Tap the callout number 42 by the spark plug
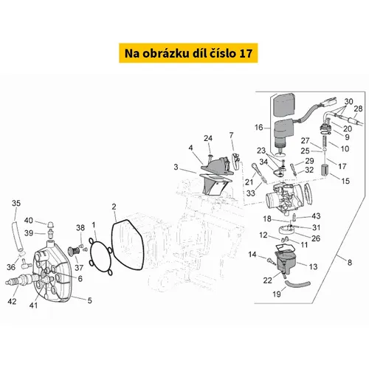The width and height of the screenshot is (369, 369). click(12, 301)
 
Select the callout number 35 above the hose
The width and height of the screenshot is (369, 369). click(16, 203)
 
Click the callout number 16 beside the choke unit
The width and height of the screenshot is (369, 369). click(259, 127)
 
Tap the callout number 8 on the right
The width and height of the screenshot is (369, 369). click(350, 263)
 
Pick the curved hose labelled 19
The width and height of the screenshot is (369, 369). click(297, 285)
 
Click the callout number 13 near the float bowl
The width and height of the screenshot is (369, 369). click(313, 266)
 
